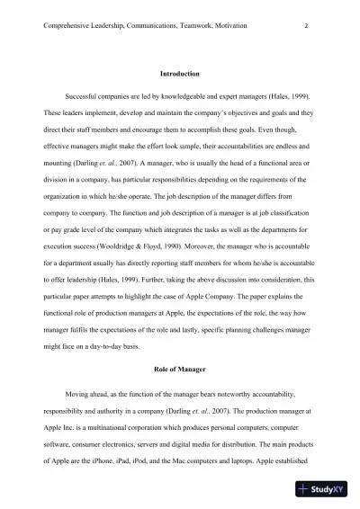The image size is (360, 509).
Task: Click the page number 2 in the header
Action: point(307,26)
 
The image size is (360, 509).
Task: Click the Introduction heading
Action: point(179,72)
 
